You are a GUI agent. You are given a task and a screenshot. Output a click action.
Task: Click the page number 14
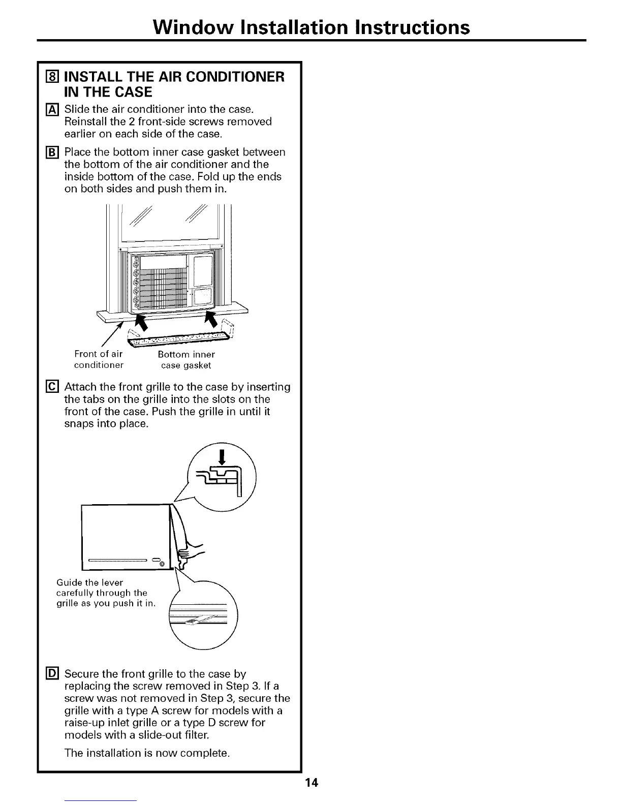tap(312, 783)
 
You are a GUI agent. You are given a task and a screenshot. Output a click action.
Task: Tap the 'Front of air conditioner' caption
tap(99, 359)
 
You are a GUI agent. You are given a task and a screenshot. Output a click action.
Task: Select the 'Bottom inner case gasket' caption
tap(186, 359)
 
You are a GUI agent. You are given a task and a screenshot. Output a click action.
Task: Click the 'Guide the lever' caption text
tap(89, 582)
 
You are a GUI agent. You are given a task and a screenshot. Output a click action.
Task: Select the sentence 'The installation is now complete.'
tap(147, 753)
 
